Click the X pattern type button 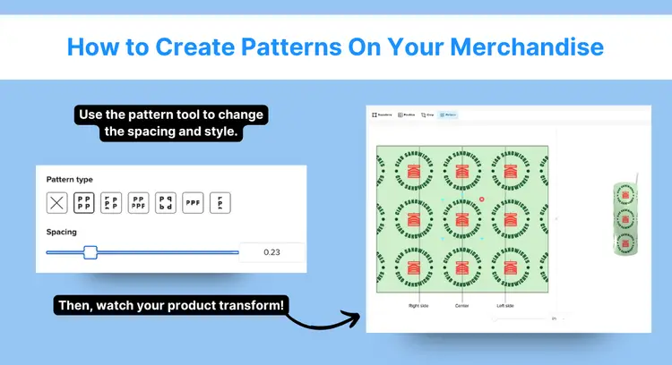tap(57, 203)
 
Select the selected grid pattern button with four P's tap(84, 203)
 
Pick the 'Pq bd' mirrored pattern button tap(166, 203)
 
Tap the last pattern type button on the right tap(220, 203)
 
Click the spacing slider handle tap(90, 252)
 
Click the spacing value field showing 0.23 tap(271, 252)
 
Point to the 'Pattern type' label tap(69, 180)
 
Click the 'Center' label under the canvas tap(461, 305)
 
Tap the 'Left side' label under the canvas tap(505, 305)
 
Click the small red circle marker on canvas tap(481, 199)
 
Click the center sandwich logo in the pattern tap(461, 219)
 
